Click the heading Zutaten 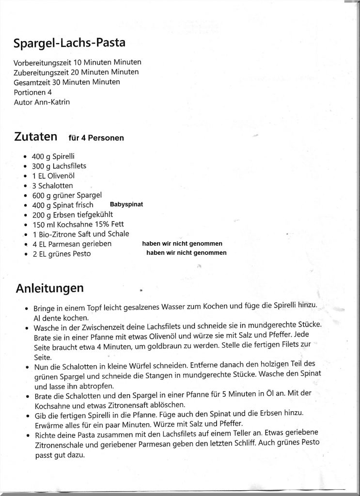point(36,137)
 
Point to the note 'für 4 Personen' point(96,138)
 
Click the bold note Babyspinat point(126,204)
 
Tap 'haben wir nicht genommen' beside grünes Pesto point(186,253)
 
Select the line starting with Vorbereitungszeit point(78,62)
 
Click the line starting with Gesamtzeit point(67,82)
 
